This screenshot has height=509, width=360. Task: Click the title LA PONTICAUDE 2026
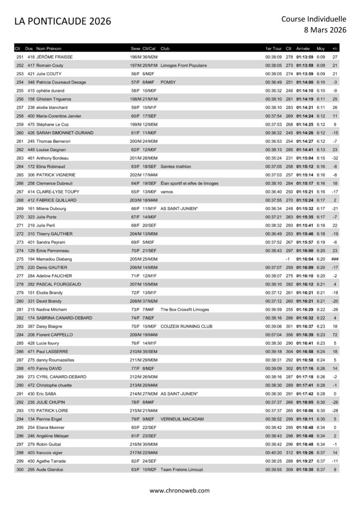pyautogui.click(x=63, y=21)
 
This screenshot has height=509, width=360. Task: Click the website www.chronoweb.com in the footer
pyautogui.click(x=180, y=490)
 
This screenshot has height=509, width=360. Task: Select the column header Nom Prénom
pyautogui.click(x=49, y=49)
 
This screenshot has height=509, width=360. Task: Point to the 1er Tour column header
pyautogui.click(x=273, y=49)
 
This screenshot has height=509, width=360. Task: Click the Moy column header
pyautogui.click(x=320, y=49)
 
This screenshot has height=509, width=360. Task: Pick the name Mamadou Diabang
pyautogui.click(x=50, y=259)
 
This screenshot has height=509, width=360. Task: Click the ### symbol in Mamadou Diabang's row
pyautogui.click(x=335, y=259)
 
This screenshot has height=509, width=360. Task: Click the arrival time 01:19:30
pyautogui.click(x=304, y=470)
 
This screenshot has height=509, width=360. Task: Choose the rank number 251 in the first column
pyautogui.click(x=20, y=57)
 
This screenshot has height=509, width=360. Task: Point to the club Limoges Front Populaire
pyautogui.click(x=183, y=66)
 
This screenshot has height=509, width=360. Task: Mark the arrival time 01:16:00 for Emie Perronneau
pyautogui.click(x=304, y=251)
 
